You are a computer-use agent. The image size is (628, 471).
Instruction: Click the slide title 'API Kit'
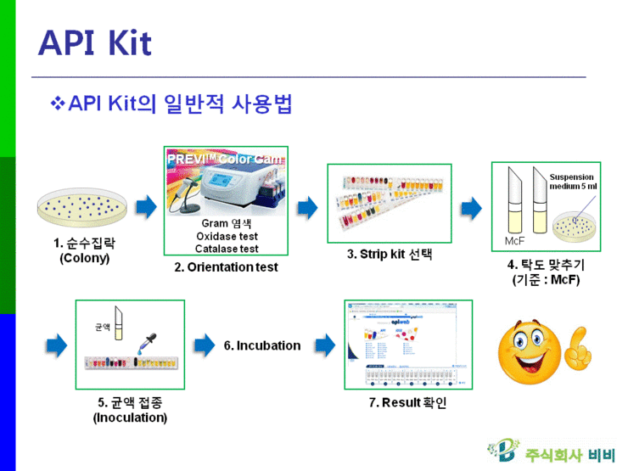point(95,42)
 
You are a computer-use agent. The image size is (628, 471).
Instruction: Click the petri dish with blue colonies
point(84,206)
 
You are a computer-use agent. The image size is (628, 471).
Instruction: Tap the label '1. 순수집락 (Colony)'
point(84,250)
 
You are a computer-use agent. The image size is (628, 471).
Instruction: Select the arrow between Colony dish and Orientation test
point(147,206)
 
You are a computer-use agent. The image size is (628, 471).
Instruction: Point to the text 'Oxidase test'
point(227,236)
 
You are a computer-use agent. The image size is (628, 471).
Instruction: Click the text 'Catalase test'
point(227,249)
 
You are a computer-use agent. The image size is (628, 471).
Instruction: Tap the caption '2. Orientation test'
point(227,267)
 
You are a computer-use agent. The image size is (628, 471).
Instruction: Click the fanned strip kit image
point(389,204)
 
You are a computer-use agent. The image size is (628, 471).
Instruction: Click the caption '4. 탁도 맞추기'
point(546,265)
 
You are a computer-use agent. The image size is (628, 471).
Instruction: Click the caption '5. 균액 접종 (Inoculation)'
point(130,410)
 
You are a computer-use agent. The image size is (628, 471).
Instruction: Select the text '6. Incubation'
point(262,345)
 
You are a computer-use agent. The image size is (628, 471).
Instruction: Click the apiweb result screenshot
point(407,344)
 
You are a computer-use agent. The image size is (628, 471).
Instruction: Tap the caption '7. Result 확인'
point(407,402)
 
